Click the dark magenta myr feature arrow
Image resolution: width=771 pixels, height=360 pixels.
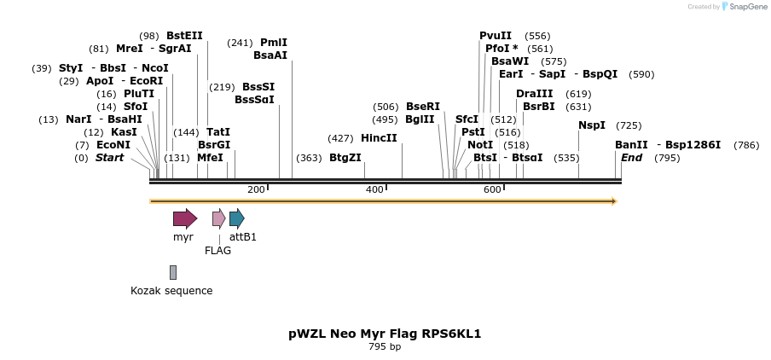click(x=184, y=218)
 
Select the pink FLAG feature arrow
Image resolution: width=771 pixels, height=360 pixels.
click(x=218, y=218)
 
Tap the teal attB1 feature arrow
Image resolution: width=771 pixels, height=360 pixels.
click(x=236, y=218)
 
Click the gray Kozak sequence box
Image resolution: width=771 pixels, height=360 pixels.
click(x=173, y=272)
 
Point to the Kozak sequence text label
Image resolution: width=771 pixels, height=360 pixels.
click(x=171, y=291)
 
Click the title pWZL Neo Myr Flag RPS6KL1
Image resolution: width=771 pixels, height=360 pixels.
click(x=385, y=334)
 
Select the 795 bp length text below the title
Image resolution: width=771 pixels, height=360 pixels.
click(x=385, y=346)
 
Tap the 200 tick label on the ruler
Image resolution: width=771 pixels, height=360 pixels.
click(x=256, y=189)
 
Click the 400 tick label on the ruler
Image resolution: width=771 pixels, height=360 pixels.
click(x=374, y=189)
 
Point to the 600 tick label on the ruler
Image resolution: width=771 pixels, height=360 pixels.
click(x=492, y=189)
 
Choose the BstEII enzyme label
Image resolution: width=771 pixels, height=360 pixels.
click(x=184, y=36)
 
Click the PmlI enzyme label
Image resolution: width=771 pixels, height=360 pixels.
click(x=274, y=43)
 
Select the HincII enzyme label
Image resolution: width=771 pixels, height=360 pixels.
click(x=379, y=138)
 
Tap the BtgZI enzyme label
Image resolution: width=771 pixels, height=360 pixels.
click(x=345, y=158)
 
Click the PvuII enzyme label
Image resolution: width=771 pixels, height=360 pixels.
click(x=496, y=36)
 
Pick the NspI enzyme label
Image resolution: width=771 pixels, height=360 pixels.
click(x=592, y=125)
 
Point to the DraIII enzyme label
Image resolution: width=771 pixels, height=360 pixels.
click(x=534, y=94)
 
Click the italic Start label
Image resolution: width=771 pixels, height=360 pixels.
click(x=109, y=158)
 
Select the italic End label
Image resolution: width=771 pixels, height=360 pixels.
click(x=631, y=158)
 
